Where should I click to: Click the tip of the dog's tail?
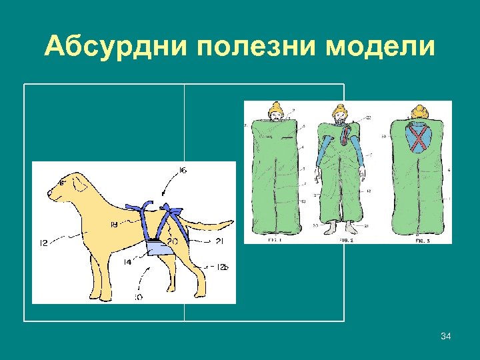pyautogui.click(x=232, y=223)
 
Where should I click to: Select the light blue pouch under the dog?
pyautogui.click(x=160, y=247)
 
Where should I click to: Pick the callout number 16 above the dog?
pyautogui.click(x=183, y=171)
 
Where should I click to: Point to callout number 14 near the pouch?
pyautogui.click(x=127, y=262)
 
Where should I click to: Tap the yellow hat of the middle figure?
pyautogui.click(x=340, y=108)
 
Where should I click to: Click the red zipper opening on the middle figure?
pyautogui.click(x=345, y=137)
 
